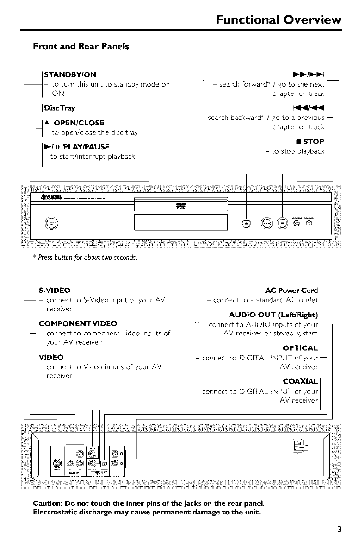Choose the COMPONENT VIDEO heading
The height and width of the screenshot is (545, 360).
pos(80,323)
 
